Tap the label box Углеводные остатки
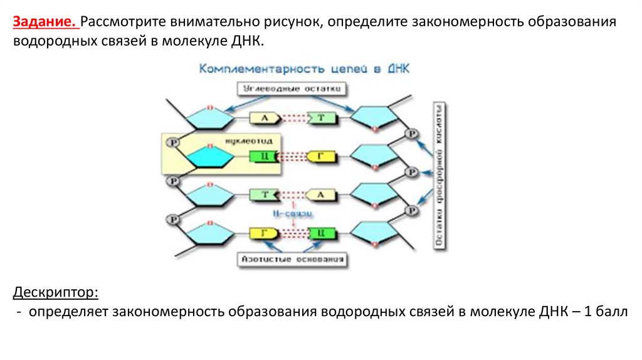tap(292, 89)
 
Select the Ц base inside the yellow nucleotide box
tap(264, 156)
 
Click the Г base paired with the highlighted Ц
tap(320, 156)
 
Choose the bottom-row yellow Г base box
tap(264, 233)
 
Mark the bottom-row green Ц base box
tap(320, 233)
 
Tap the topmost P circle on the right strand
tap(412, 135)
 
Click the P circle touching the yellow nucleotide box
tap(174, 143)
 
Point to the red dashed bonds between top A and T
tap(293, 117)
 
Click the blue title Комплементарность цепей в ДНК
tap(304, 69)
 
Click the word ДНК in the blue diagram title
tap(396, 69)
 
